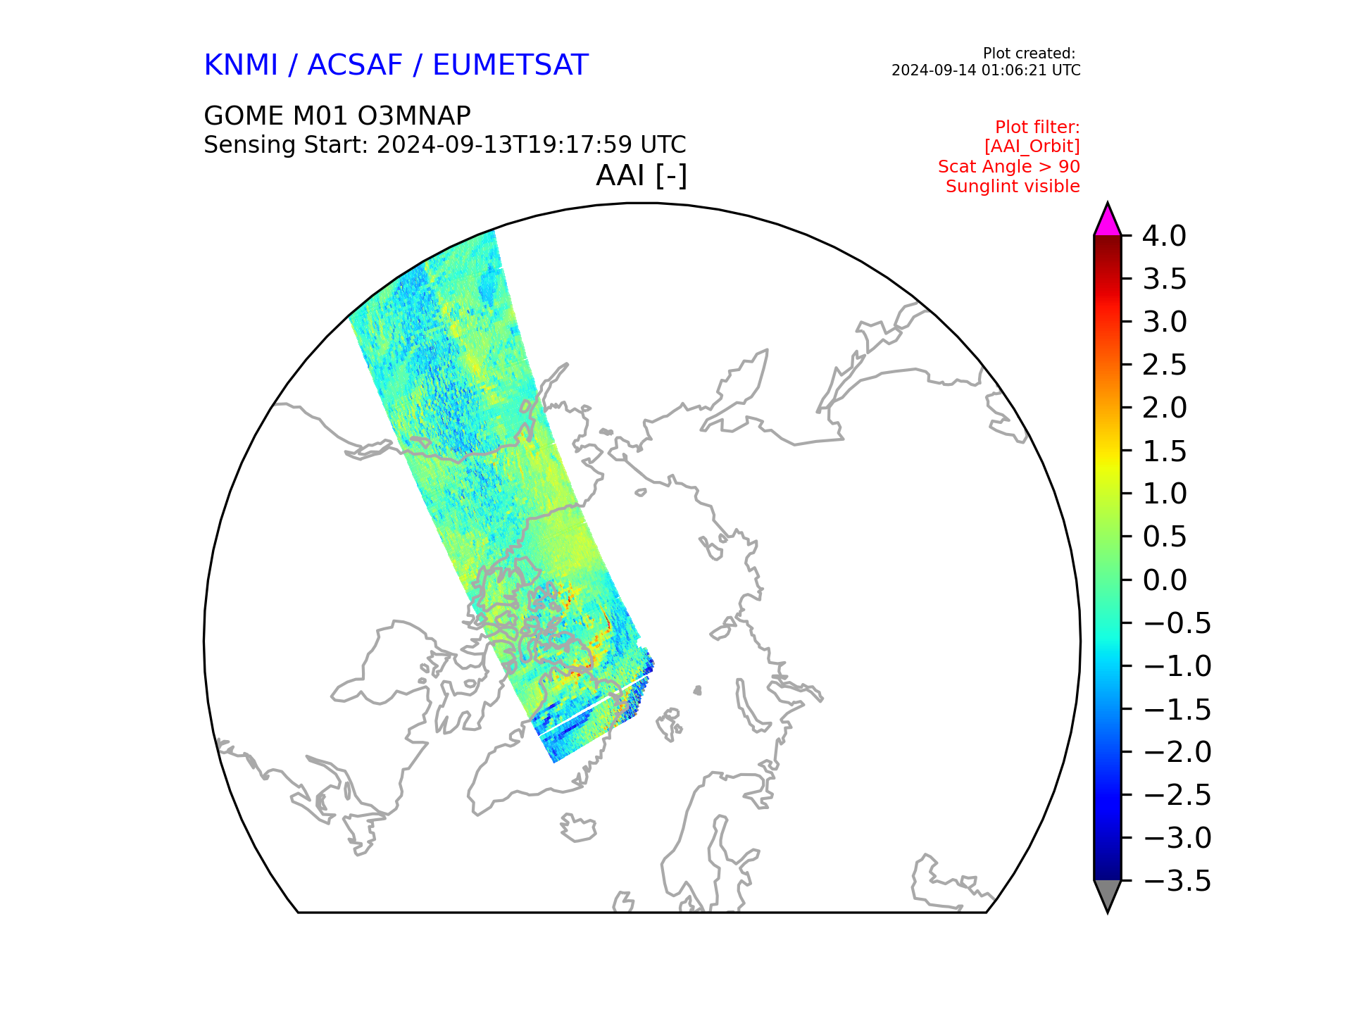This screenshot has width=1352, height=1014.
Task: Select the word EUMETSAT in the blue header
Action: (x=510, y=65)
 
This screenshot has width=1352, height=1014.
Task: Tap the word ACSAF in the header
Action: (x=355, y=65)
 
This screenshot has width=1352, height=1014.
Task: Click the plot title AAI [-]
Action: (x=641, y=175)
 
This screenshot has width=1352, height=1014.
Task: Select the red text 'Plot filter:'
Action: (x=1037, y=127)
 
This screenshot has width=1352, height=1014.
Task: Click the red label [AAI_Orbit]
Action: (x=1032, y=146)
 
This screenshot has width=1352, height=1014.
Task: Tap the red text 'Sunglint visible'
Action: (x=1013, y=187)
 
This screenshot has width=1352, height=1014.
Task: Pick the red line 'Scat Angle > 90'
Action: (x=1009, y=167)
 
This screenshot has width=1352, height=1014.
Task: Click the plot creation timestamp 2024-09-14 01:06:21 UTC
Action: (x=986, y=70)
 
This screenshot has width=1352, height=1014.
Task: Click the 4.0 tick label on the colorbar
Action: (x=1164, y=236)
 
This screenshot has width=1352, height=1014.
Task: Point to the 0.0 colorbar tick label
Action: (x=1164, y=580)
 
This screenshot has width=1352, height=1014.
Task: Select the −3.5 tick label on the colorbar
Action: (x=1177, y=881)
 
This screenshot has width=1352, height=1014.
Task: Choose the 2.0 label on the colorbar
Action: (x=1164, y=408)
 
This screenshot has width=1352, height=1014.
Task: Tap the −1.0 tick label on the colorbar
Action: (x=1177, y=666)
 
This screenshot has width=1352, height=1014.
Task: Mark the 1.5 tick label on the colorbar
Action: (x=1164, y=451)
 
